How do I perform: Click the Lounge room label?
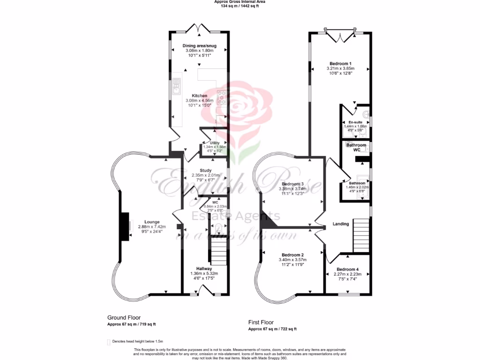(x=152, y=222)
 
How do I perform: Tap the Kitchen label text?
(x=199, y=96)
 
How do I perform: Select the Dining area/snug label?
(x=199, y=45)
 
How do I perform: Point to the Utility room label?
(x=215, y=142)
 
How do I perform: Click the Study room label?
(x=205, y=171)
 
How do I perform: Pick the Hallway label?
(x=204, y=269)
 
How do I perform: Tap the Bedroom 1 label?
(x=340, y=63)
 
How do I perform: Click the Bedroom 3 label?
(x=292, y=184)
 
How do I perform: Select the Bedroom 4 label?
(x=347, y=269)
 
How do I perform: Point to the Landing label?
(x=341, y=224)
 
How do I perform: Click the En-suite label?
(x=355, y=122)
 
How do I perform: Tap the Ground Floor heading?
(x=124, y=317)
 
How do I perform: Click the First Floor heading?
(x=261, y=322)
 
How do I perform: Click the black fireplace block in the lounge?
(x=124, y=226)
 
